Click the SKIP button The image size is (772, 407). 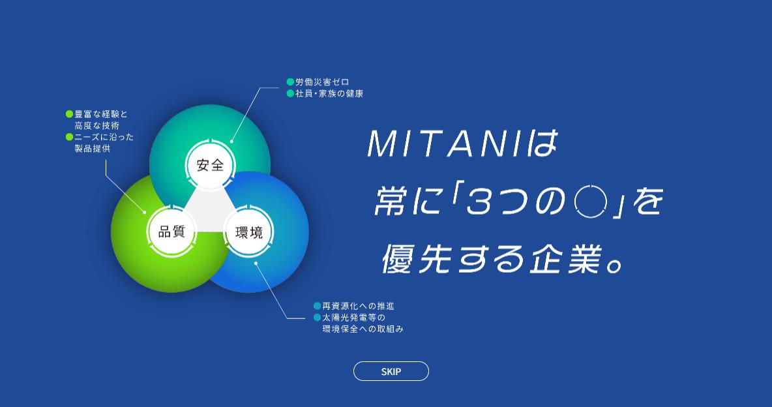(x=391, y=371)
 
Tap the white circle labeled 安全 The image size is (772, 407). (x=210, y=165)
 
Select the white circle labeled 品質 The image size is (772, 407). (x=172, y=231)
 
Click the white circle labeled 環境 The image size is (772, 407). (x=248, y=232)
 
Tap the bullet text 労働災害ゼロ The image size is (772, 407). (x=322, y=82)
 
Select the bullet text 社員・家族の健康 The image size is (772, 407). (x=329, y=93)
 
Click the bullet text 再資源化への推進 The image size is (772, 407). (x=358, y=306)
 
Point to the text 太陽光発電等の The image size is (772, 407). (x=353, y=318)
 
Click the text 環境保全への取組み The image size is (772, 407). (x=363, y=329)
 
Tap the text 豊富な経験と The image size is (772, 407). (x=101, y=114)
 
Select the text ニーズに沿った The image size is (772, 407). (x=104, y=137)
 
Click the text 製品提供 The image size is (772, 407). (x=92, y=148)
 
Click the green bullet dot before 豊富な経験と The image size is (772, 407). (x=69, y=114)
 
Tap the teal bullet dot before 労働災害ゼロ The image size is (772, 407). (x=291, y=82)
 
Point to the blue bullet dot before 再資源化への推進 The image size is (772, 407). (x=317, y=306)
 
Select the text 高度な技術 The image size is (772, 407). (x=96, y=126)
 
